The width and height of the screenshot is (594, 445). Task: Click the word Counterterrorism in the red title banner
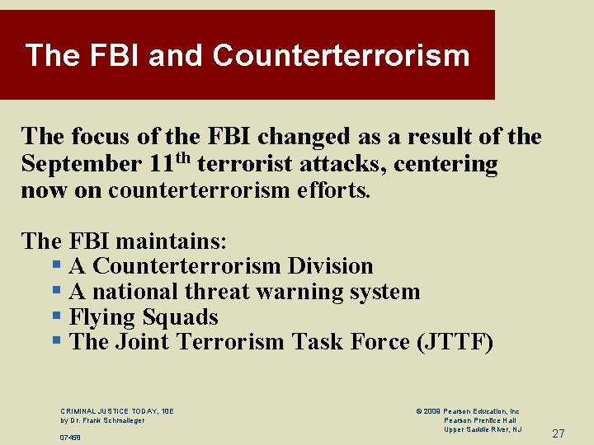[341, 56]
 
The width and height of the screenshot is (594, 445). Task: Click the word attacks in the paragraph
[346, 164]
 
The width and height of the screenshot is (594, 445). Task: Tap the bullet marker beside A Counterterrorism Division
[56, 266]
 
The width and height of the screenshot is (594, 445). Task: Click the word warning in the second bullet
[302, 292]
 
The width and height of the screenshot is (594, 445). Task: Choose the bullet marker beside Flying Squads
[56, 317]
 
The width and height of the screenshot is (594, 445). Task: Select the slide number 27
[559, 433]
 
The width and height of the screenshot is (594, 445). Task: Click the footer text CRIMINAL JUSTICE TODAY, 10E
[117, 411]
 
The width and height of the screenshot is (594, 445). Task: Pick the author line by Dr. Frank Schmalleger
[102, 420]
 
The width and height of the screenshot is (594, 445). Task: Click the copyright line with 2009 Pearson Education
[468, 411]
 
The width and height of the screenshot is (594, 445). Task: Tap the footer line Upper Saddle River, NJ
[483, 429]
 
